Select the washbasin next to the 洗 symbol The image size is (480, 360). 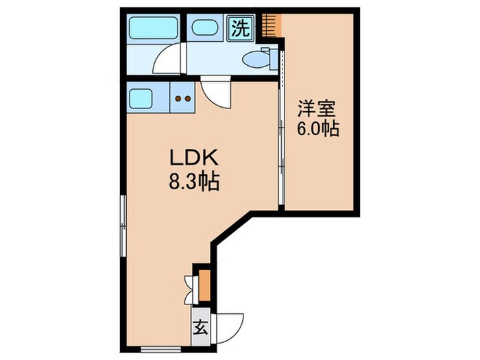(x=206, y=29)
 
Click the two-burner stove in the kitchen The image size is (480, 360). (x=183, y=98)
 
